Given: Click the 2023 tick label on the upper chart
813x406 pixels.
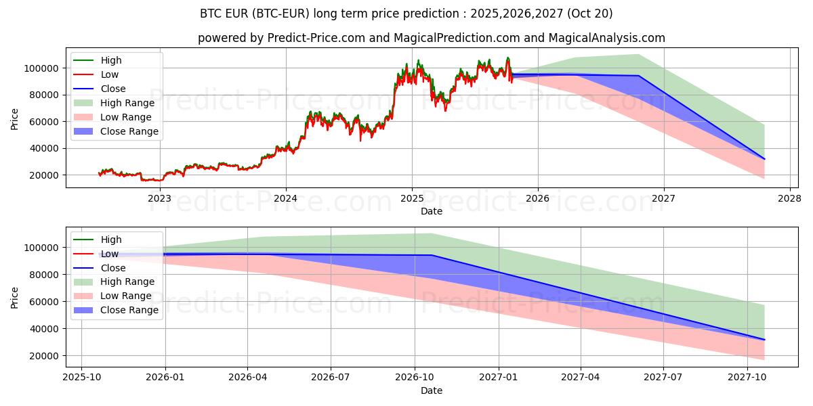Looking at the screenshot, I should click(x=160, y=198).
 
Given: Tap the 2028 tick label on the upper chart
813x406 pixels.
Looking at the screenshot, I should click(x=790, y=198).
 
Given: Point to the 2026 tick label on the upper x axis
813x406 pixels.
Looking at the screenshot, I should click(x=538, y=198).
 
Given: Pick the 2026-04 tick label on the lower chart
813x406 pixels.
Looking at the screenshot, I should click(x=247, y=378).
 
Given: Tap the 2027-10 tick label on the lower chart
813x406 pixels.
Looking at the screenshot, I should click(x=747, y=378).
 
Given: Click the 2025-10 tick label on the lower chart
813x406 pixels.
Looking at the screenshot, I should click(x=81, y=378).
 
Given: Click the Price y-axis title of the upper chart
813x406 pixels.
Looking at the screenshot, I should click(x=15, y=119).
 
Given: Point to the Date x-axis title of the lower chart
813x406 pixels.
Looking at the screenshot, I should click(x=432, y=390).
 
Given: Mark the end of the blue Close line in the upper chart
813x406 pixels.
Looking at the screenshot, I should click(x=764, y=159).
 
